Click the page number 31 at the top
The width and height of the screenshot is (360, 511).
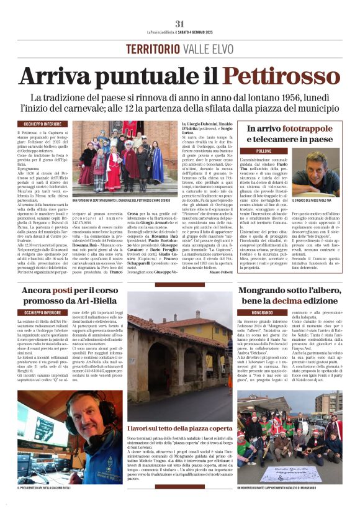click(x=180, y=24)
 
